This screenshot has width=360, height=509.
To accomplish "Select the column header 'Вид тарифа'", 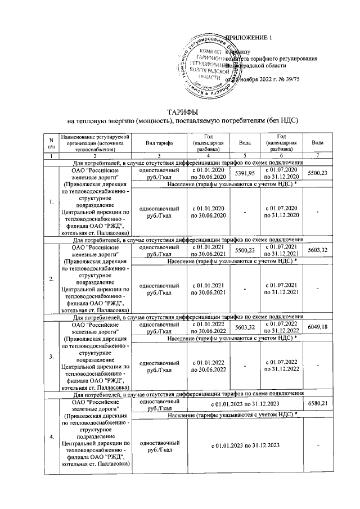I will (159, 143).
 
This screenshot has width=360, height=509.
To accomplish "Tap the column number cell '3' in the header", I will (159, 155).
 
